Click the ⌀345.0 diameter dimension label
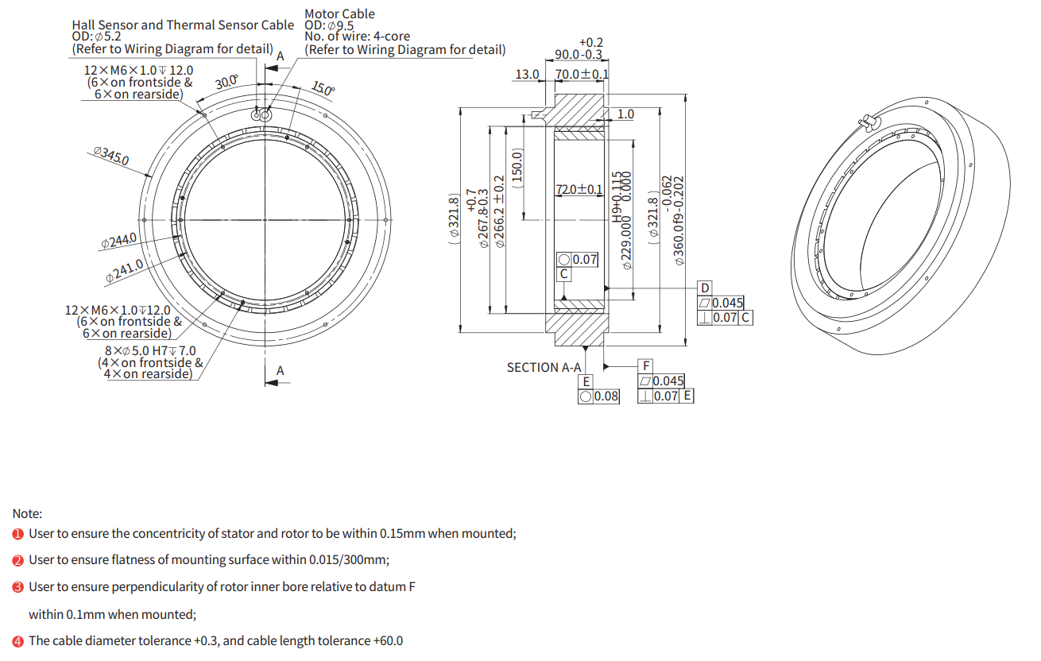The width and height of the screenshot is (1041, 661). click(111, 156)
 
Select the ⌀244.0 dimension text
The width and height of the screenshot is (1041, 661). click(119, 241)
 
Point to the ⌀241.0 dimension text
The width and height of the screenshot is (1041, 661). click(125, 271)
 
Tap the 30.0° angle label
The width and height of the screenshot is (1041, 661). click(226, 82)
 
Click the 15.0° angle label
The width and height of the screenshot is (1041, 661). click(323, 88)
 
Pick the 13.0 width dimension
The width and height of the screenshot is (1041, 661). click(527, 75)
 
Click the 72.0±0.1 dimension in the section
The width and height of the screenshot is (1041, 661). click(579, 190)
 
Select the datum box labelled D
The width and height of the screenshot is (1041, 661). click(705, 288)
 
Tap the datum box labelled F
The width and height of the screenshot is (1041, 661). click(645, 366)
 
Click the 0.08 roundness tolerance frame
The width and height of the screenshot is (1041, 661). click(598, 396)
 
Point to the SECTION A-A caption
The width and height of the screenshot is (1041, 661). click(544, 367)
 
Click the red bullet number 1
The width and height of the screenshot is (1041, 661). click(17, 534)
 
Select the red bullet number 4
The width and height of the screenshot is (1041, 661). click(17, 641)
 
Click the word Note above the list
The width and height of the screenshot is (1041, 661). click(27, 513)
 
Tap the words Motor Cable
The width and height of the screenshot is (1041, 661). click(340, 14)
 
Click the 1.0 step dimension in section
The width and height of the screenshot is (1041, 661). click(625, 114)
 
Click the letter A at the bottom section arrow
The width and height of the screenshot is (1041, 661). click(281, 371)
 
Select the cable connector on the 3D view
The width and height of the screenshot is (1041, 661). click(868, 122)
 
